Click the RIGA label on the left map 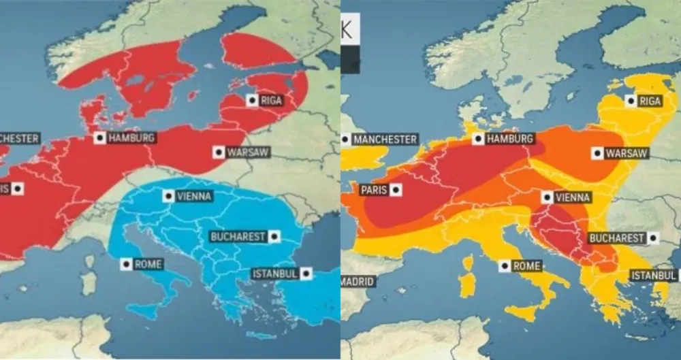pos(271,101)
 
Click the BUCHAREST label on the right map pos(616,238)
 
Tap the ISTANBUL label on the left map pos(275,274)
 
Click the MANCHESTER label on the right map pos(385,140)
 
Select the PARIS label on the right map pos(373,190)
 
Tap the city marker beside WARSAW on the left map pos(217,152)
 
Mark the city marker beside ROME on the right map pos(504,266)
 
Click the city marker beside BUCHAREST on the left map pos(274,237)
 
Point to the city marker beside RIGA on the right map pos(631,101)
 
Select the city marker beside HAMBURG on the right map pos(479,139)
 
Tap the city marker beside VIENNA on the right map pos(546,197)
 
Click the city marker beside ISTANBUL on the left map pos(306,274)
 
